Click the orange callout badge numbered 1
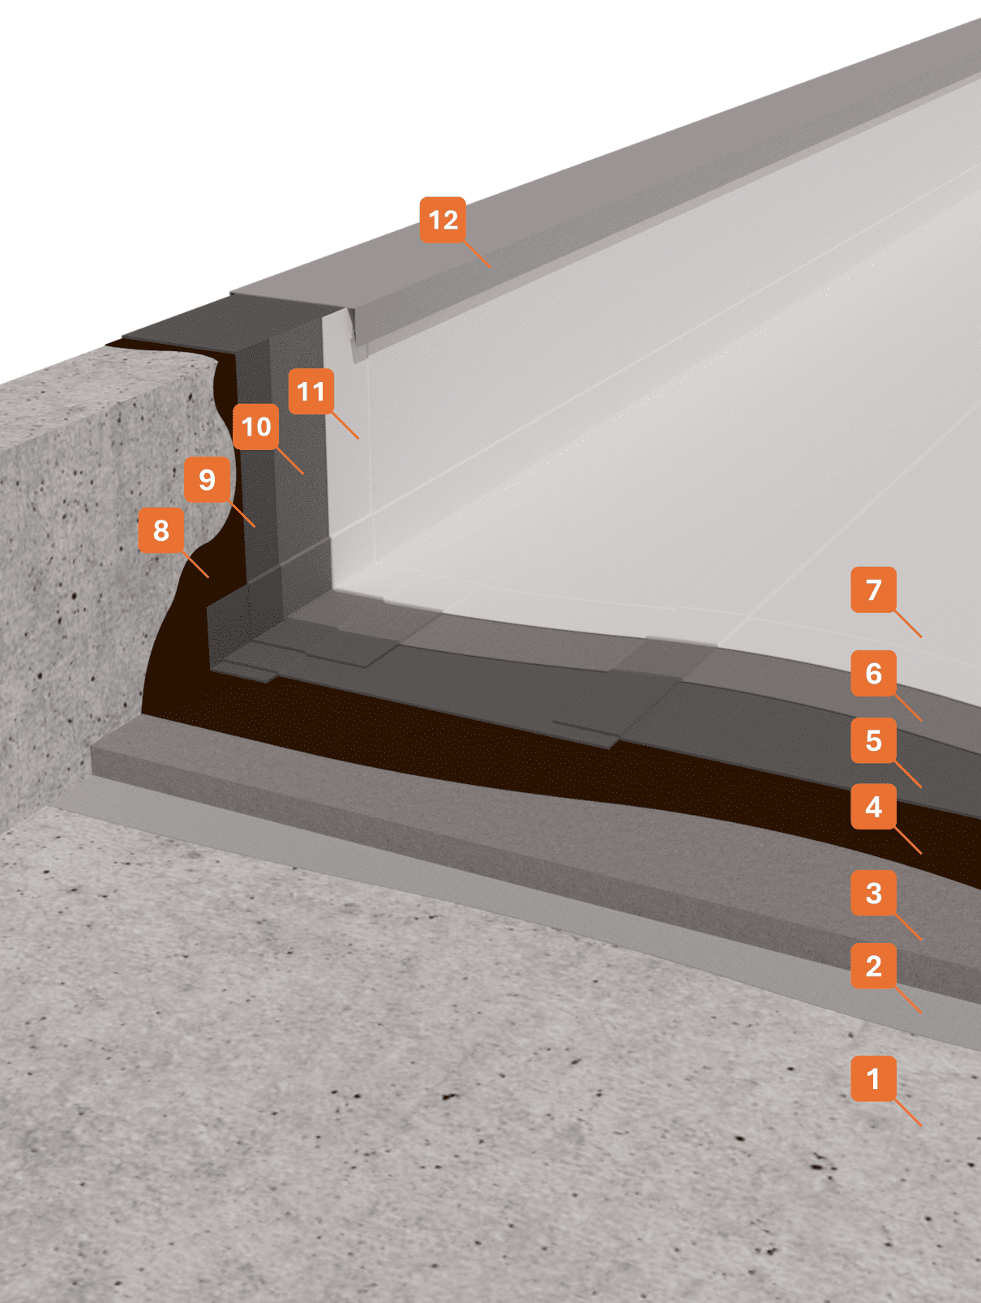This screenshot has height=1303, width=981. [873, 1078]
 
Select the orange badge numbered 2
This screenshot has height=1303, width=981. [873, 966]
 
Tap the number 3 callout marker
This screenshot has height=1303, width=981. [873, 893]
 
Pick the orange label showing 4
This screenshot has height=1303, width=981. [873, 807]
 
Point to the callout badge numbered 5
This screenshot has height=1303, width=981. [873, 740]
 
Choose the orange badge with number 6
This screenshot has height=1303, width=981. [873, 673]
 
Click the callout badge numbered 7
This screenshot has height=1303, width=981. [873, 589]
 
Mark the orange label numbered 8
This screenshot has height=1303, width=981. [161, 530]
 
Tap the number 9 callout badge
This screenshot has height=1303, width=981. [207, 479]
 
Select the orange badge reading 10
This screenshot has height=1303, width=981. [256, 426]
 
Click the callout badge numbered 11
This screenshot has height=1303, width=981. [311, 392]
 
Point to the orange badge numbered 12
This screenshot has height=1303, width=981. [443, 220]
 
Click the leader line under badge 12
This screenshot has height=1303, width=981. [478, 255]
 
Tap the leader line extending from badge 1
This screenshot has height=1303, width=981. [908, 1113]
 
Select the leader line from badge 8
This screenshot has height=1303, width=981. [196, 565]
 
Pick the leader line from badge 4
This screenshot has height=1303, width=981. [908, 841]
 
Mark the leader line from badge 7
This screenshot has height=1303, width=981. [908, 624]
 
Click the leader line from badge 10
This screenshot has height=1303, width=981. [290, 461]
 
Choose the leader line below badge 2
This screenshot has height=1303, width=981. [908, 1000]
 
